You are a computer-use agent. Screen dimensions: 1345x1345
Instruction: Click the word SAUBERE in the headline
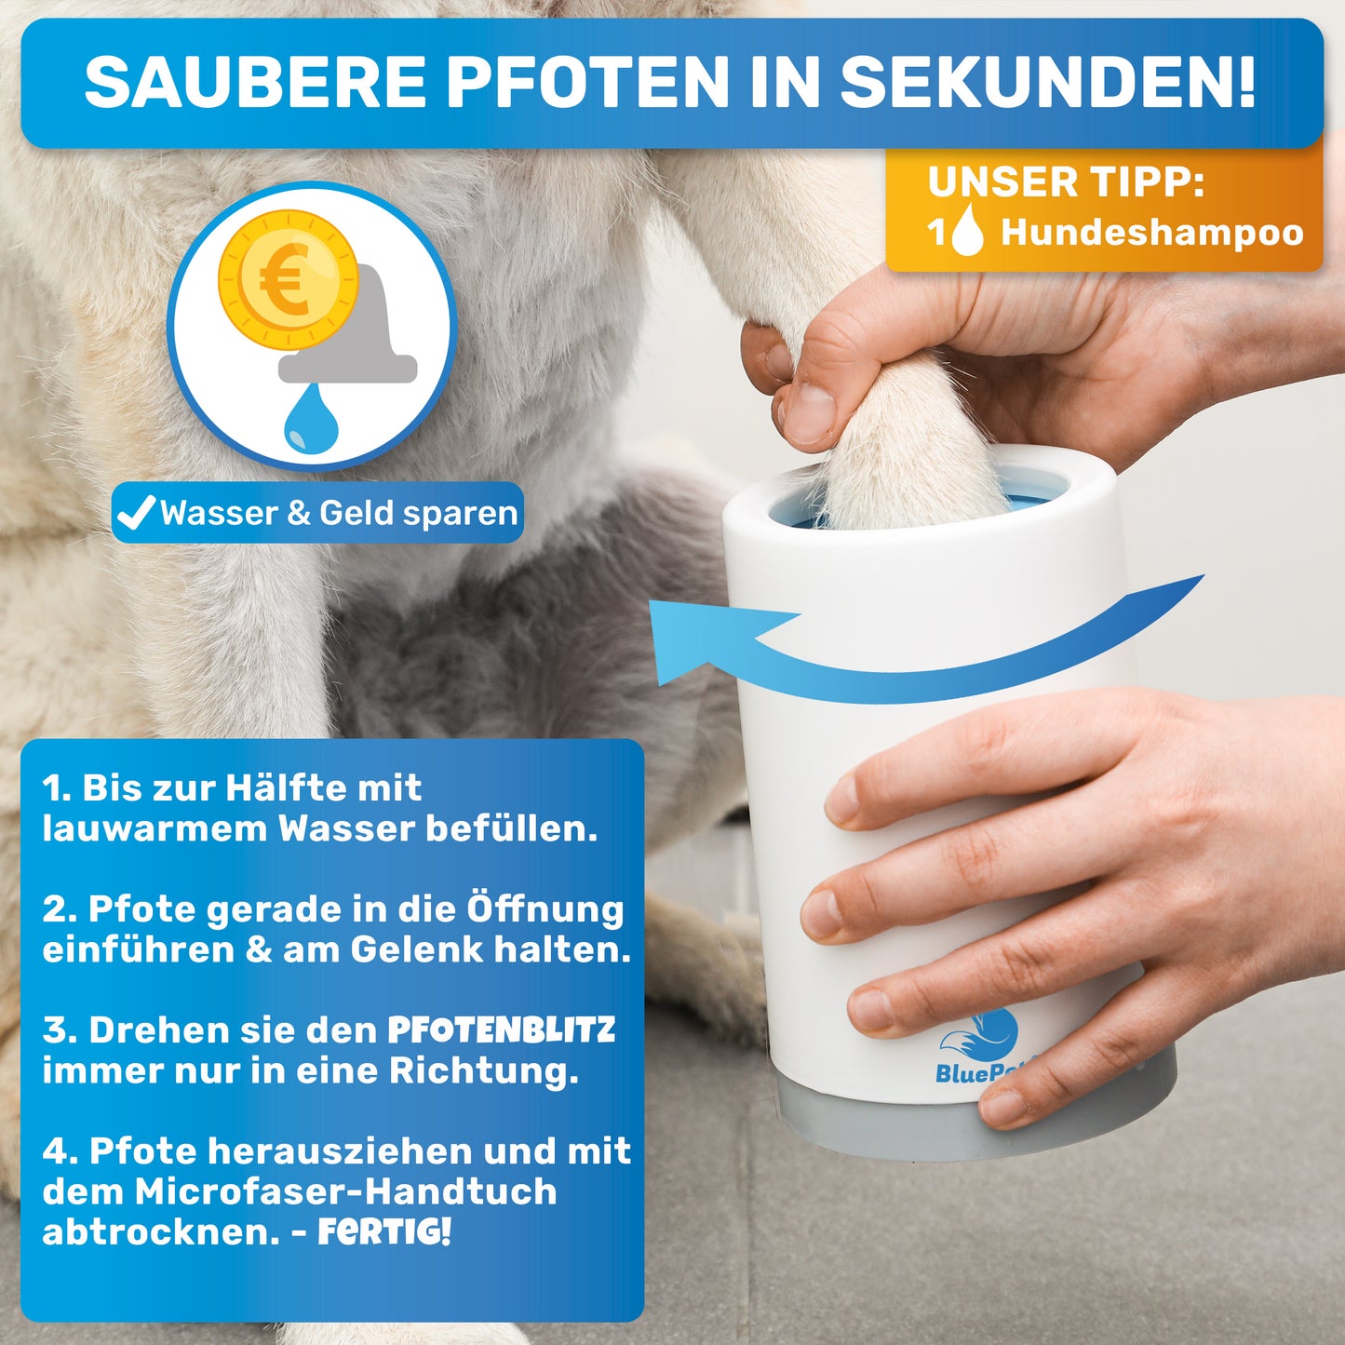(255, 82)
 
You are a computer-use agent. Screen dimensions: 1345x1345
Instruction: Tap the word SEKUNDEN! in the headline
(1048, 82)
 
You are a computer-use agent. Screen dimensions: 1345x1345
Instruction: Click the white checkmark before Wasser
(136, 513)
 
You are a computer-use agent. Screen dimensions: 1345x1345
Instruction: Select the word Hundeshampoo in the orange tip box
(1152, 233)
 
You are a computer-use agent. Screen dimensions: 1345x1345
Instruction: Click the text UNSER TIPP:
(1066, 182)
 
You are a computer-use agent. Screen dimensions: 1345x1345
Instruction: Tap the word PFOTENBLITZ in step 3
(502, 1029)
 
